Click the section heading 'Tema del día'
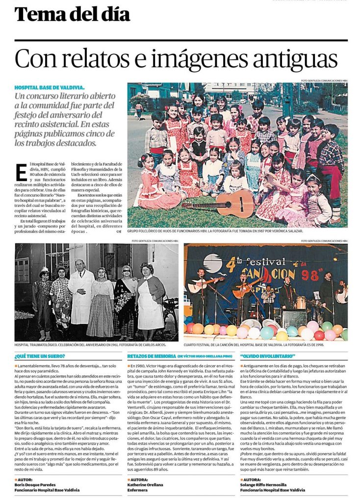73,15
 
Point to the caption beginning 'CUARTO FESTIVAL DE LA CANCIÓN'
265,345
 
